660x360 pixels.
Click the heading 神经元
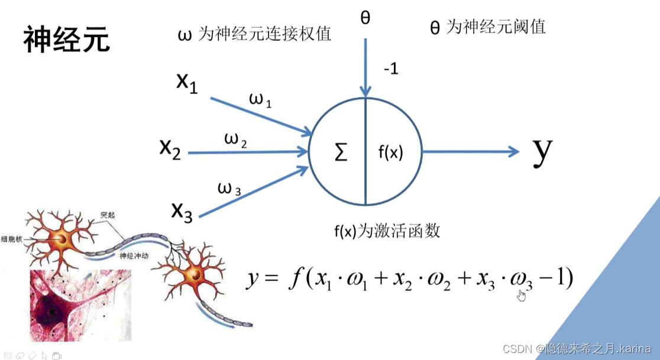(x=66, y=40)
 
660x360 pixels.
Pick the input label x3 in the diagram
(x=182, y=210)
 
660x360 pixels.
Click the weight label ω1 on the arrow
(x=260, y=101)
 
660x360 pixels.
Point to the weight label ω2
(x=235, y=140)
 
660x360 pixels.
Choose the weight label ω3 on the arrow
(x=229, y=189)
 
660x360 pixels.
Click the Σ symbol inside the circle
(x=341, y=153)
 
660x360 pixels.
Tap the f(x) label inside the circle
(x=390, y=153)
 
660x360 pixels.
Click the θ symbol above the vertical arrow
(x=365, y=18)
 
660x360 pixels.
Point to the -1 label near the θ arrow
(x=390, y=69)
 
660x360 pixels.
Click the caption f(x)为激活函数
(x=387, y=231)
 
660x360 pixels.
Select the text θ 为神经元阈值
(x=487, y=27)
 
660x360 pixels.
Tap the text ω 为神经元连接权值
(x=254, y=34)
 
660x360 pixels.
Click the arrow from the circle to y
(x=470, y=152)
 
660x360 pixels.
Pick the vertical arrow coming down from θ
(x=365, y=65)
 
